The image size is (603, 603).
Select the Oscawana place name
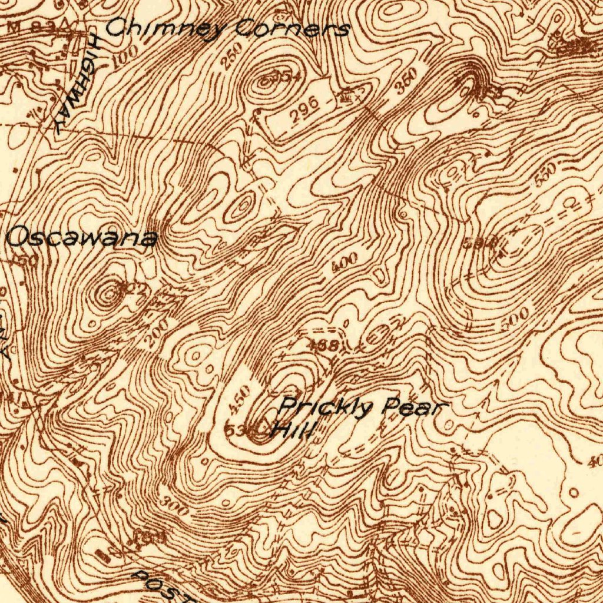pyautogui.click(x=82, y=238)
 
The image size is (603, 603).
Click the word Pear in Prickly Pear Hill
pyautogui.click(x=415, y=407)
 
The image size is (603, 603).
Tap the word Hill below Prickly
pyautogui.click(x=293, y=430)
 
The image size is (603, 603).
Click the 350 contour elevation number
pyautogui.click(x=406, y=81)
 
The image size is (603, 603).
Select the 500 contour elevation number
pyautogui.click(x=516, y=319)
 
